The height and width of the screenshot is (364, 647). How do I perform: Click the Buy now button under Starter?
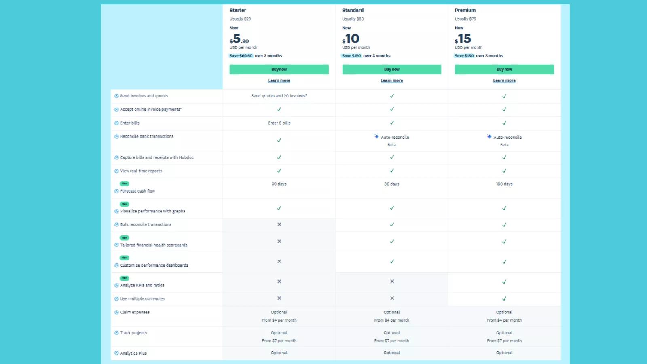(x=279, y=70)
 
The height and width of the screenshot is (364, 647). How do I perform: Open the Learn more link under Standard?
(x=391, y=80)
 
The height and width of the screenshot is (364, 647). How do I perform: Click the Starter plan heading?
(x=238, y=10)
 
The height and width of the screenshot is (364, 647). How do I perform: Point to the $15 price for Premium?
(x=463, y=39)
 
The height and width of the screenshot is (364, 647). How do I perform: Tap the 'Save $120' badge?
(x=351, y=56)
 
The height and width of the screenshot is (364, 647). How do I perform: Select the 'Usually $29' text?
(x=240, y=19)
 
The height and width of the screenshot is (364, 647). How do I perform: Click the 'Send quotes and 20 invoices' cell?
(x=279, y=96)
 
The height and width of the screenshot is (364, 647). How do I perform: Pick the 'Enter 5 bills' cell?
(x=279, y=123)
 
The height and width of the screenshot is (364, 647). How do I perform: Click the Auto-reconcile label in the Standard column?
(x=395, y=138)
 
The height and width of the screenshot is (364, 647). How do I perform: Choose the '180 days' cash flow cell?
(x=504, y=184)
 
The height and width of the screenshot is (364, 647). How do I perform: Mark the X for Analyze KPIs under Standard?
(x=392, y=281)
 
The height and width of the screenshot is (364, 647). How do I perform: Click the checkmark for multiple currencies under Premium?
(x=504, y=299)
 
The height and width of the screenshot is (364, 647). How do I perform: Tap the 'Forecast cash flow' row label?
(x=137, y=191)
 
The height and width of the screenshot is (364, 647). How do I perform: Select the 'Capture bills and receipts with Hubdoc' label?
(x=156, y=157)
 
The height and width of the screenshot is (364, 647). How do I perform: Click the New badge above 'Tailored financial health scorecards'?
(x=125, y=238)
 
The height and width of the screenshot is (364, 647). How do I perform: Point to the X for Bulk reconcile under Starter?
(x=279, y=224)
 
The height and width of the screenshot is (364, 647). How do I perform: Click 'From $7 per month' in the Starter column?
(x=279, y=341)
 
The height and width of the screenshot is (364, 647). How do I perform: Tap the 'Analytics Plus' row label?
(x=133, y=353)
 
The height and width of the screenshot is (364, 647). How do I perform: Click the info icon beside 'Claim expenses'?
(x=116, y=312)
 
